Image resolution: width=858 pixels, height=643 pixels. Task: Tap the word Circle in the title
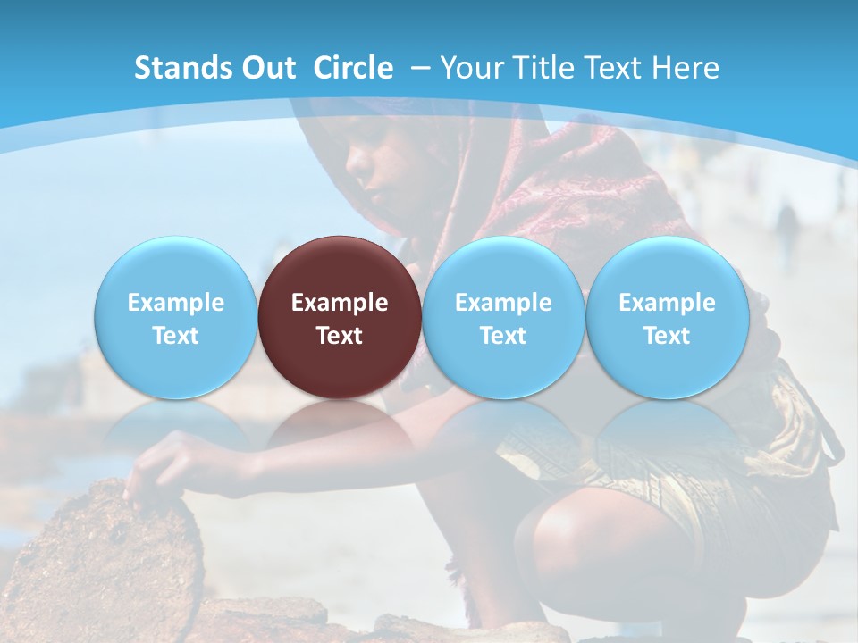(353, 68)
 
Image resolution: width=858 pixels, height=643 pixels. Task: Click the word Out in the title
(269, 68)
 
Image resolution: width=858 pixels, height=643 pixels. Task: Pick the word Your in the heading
(471, 68)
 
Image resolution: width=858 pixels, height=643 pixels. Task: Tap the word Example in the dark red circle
(340, 303)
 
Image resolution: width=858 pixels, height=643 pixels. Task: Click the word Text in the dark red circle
(340, 336)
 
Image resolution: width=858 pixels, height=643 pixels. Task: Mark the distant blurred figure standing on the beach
(786, 232)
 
